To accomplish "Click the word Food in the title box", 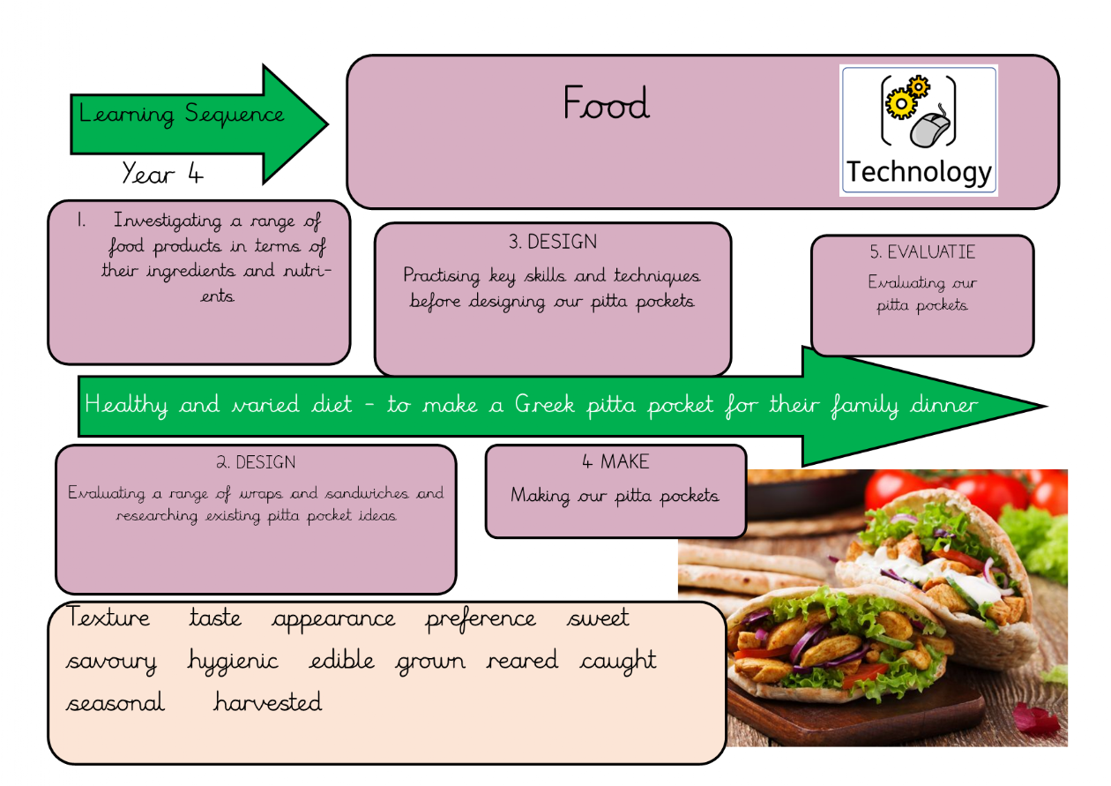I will click(x=606, y=103).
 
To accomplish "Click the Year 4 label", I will click(x=162, y=173).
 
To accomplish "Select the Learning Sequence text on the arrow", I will click(x=182, y=114).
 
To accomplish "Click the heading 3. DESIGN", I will click(x=552, y=242).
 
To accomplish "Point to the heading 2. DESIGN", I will click(x=256, y=462).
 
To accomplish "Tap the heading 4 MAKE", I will click(x=615, y=461).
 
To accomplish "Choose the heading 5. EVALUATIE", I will click(x=921, y=251).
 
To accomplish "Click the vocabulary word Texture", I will click(x=109, y=618).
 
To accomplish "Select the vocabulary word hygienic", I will click(x=233, y=661).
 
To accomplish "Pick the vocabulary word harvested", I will click(x=267, y=702).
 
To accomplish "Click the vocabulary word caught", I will click(x=618, y=661).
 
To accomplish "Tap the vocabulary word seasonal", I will click(x=115, y=703).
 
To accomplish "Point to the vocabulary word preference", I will click(x=481, y=618).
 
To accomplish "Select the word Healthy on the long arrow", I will click(x=126, y=405).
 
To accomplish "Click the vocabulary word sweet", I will click(x=598, y=618).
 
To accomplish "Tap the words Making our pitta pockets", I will click(x=615, y=496).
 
